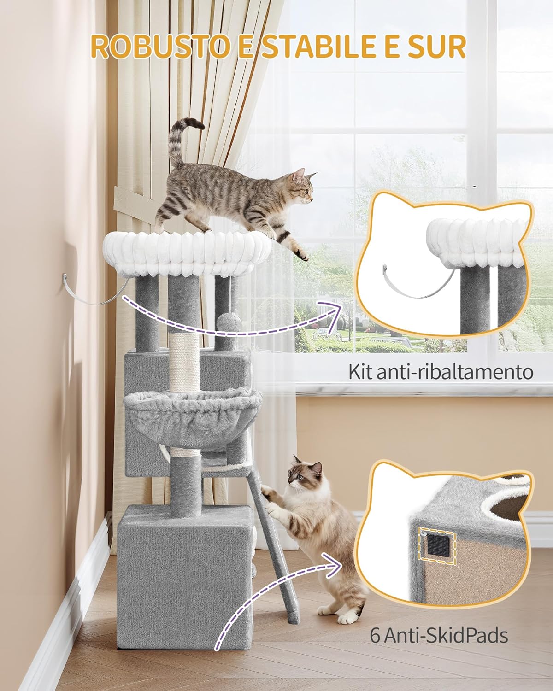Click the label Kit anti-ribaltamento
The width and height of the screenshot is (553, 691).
point(441,372)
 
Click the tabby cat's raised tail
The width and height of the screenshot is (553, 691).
point(182,141)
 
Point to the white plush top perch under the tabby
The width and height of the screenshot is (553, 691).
point(187,254)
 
